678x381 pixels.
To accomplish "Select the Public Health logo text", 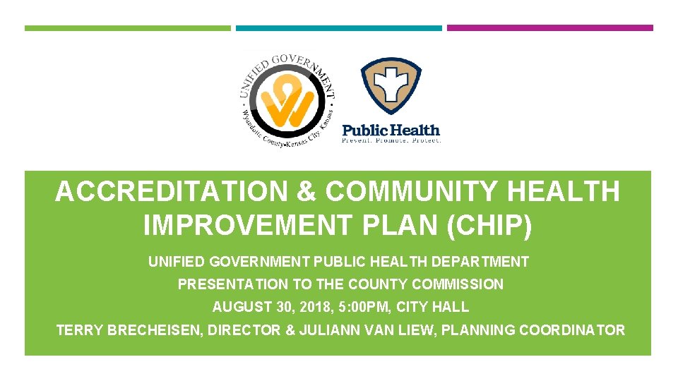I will point(391,130).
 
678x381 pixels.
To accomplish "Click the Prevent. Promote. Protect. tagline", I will point(391,140).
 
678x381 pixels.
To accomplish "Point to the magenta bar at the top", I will point(550,28).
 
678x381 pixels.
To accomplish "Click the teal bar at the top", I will point(338,28).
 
